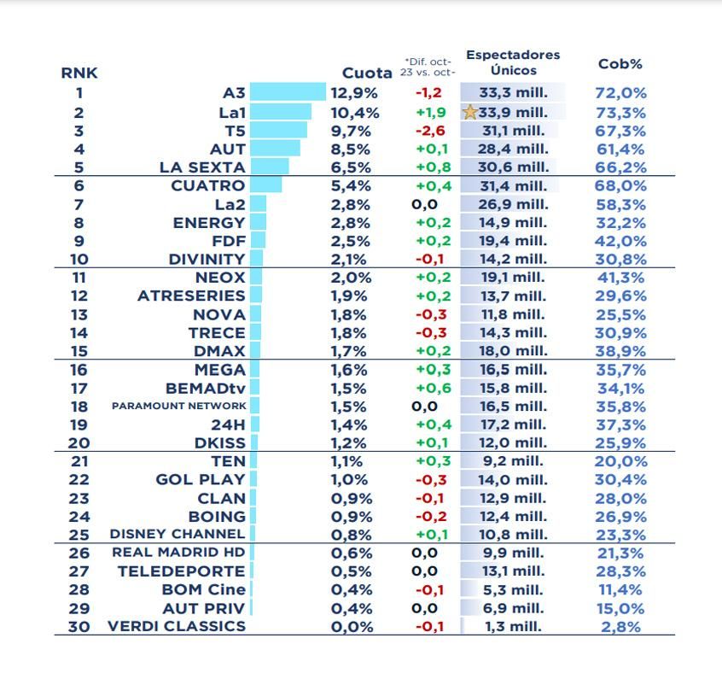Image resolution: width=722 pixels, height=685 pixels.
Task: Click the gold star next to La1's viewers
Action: [x=469, y=112]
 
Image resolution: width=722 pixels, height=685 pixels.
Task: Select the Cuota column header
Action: [x=367, y=73]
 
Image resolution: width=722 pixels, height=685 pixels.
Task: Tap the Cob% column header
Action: [x=620, y=64]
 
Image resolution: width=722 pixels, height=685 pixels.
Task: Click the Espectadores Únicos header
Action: [x=513, y=61]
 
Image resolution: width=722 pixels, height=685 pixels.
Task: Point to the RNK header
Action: [x=79, y=73]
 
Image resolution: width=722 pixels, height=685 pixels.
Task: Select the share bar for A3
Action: [x=288, y=92]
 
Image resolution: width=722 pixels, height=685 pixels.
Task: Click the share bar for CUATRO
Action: [x=266, y=185]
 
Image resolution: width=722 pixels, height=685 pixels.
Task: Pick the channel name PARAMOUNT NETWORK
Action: [x=178, y=406]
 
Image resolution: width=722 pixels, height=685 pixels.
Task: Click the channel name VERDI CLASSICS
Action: [x=177, y=626]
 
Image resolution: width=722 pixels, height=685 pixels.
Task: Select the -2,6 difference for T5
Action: [x=429, y=131]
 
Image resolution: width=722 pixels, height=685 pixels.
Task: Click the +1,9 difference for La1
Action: [x=429, y=112]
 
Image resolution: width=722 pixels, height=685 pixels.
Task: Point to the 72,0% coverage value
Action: [x=620, y=93]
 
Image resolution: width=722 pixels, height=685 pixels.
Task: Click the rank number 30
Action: [x=79, y=626]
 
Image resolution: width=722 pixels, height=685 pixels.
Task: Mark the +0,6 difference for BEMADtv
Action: [x=429, y=388]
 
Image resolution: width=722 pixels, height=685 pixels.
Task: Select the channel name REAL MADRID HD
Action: [x=178, y=553]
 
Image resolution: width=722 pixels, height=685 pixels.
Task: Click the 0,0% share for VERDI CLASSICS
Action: [x=352, y=626]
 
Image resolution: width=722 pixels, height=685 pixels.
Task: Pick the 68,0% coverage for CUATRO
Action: [x=620, y=185]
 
